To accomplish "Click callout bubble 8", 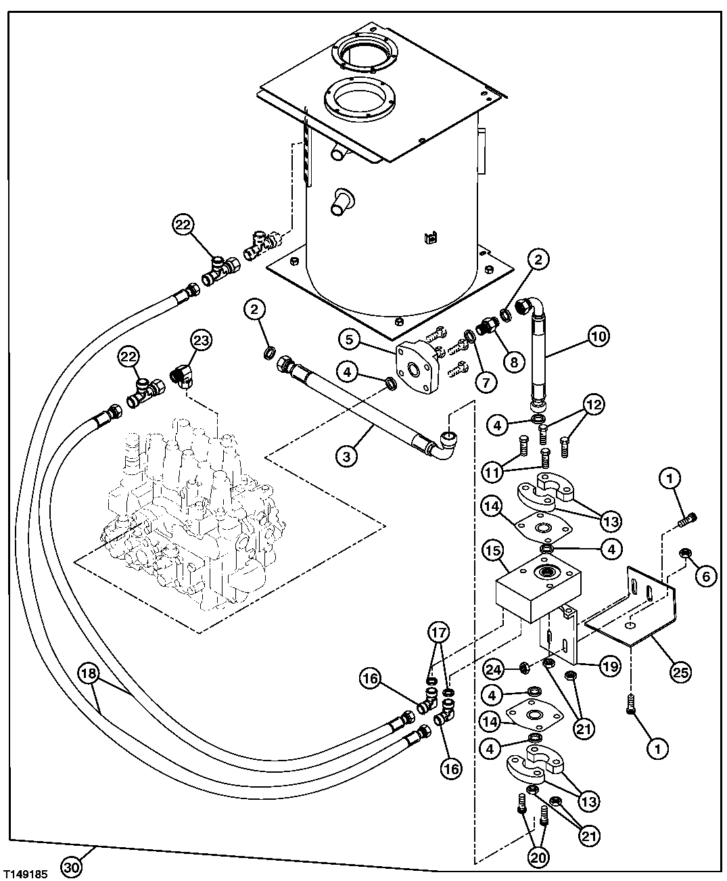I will (513, 362).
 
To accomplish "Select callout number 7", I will (484, 382).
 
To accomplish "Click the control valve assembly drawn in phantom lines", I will (189, 514).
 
